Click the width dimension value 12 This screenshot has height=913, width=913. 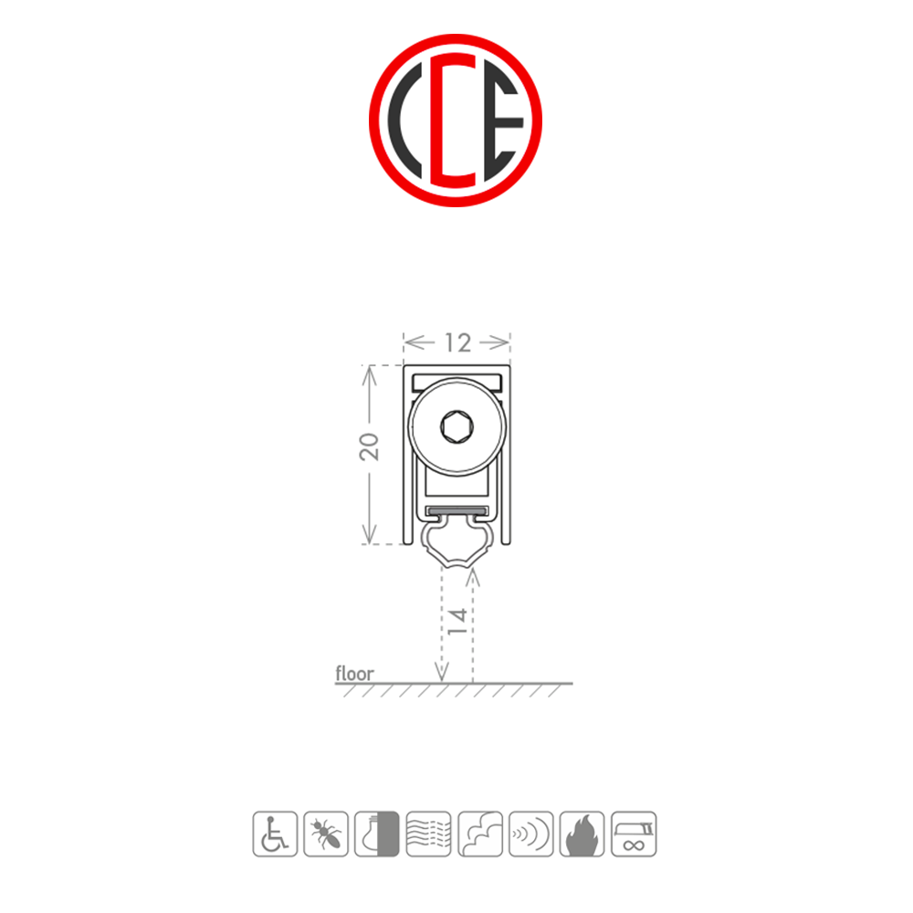tap(456, 342)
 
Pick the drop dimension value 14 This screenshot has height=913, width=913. tap(458, 620)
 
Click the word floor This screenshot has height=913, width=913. tap(354, 674)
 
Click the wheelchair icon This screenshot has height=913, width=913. tap(274, 833)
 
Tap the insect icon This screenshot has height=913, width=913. tap(326, 833)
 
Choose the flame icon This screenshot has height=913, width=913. tap(582, 833)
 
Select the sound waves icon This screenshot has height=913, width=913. tap(531, 833)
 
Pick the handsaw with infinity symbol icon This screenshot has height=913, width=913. tap(634, 833)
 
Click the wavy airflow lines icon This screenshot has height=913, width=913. tap(428, 833)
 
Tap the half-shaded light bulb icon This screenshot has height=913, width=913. tap(377, 833)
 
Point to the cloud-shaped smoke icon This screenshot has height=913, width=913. tap(480, 833)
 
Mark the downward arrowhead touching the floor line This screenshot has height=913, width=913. tap(442, 677)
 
